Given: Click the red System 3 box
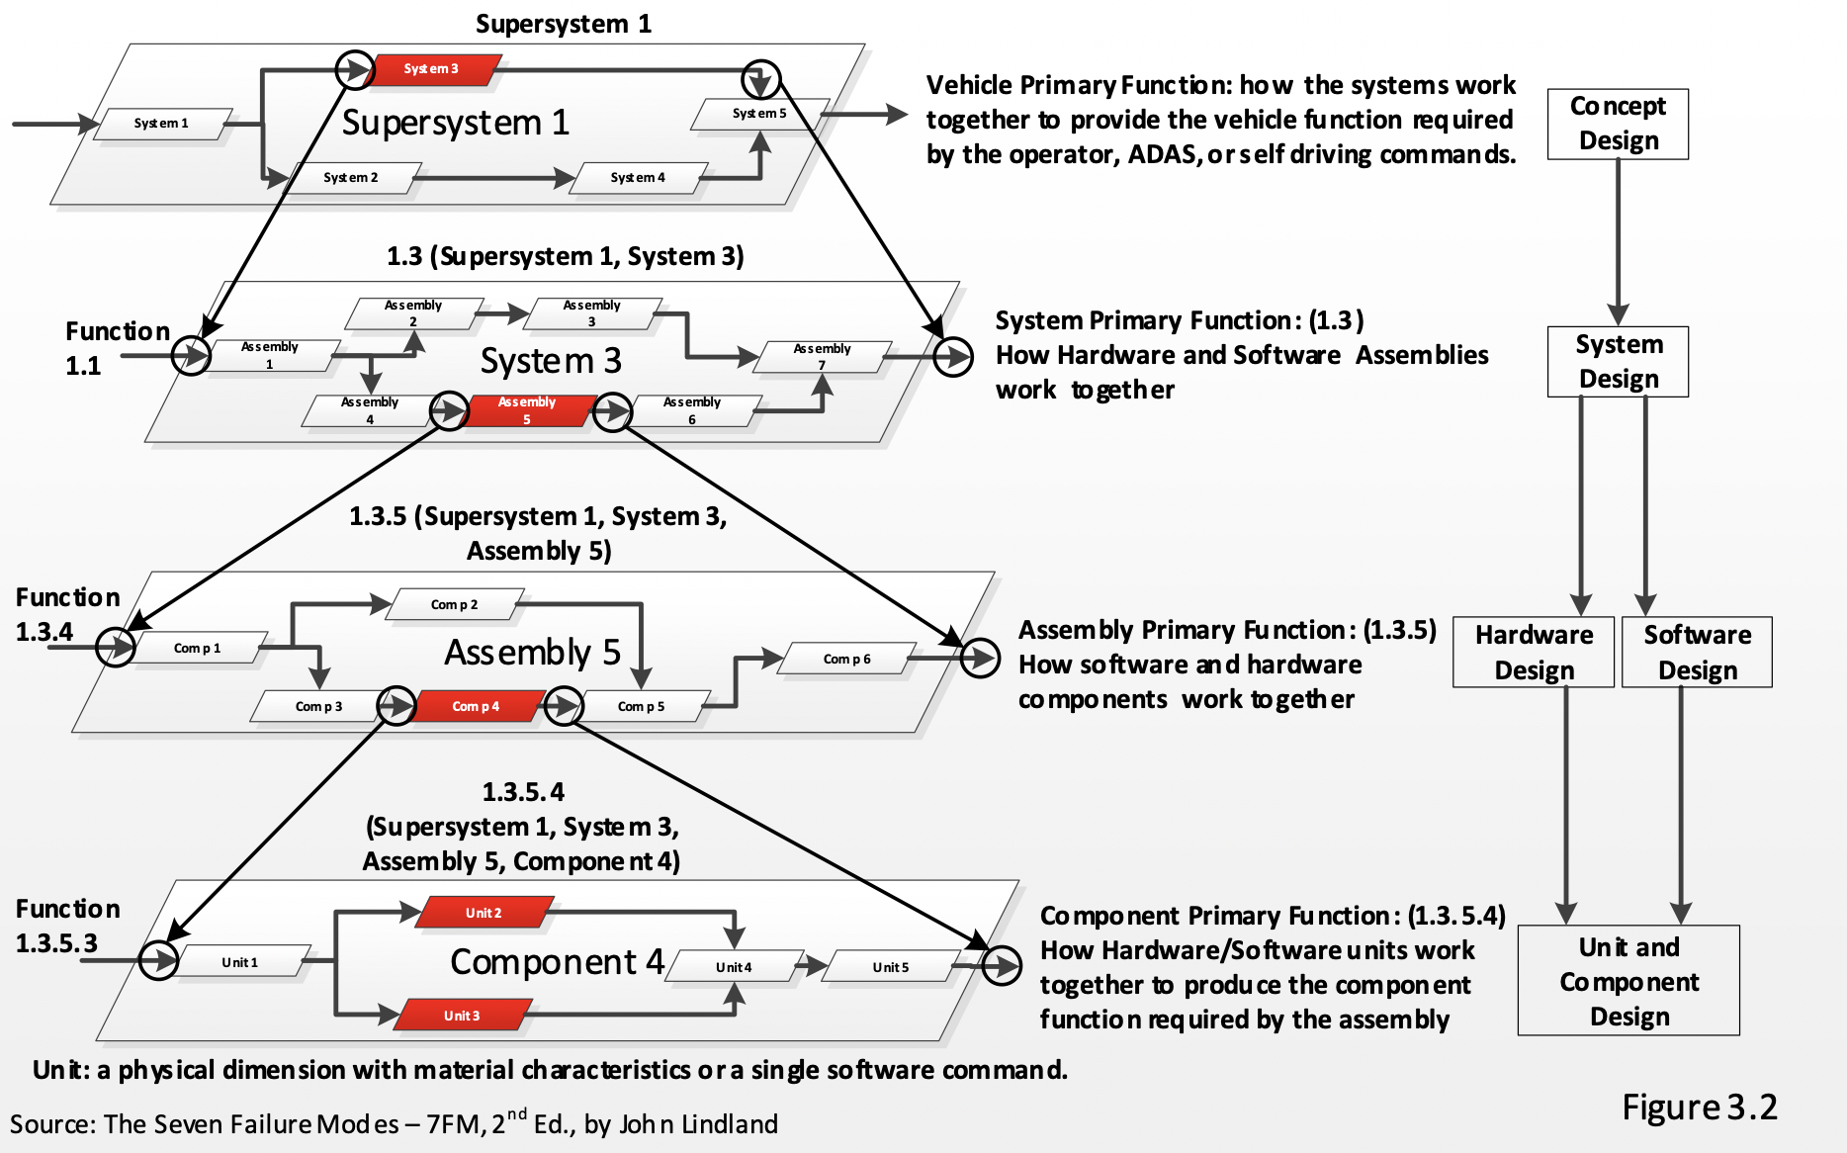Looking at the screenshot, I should pos(431,69).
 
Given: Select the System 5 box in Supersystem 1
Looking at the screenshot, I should pos(759,114).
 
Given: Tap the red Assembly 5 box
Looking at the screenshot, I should pos(527,410).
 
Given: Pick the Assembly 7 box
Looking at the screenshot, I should pos(822,357).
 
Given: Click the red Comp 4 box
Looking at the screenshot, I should pos(476,706).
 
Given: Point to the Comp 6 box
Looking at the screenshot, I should pos(846,659).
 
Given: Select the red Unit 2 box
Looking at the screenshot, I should pos(484,913).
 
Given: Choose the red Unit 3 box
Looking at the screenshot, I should pos(462,1016).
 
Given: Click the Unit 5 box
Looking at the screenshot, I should pos(890,967).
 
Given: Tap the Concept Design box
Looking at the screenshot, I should pos(1618,124).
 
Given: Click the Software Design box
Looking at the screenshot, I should pos(1697,653).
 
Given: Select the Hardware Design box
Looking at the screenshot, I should pos(1534,653).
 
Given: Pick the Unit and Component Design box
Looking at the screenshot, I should pos(1628,981).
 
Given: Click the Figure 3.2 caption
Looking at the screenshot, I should pos(1699,1108).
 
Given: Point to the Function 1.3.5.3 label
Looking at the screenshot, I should pos(66,926).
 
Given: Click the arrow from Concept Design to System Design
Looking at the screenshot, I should pos(1618,242).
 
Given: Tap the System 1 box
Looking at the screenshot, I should pos(161,124).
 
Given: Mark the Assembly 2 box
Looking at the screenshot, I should pos(413,313).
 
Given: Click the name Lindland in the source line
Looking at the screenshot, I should pos(730,1124).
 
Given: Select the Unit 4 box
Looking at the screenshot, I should pos(734,967).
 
